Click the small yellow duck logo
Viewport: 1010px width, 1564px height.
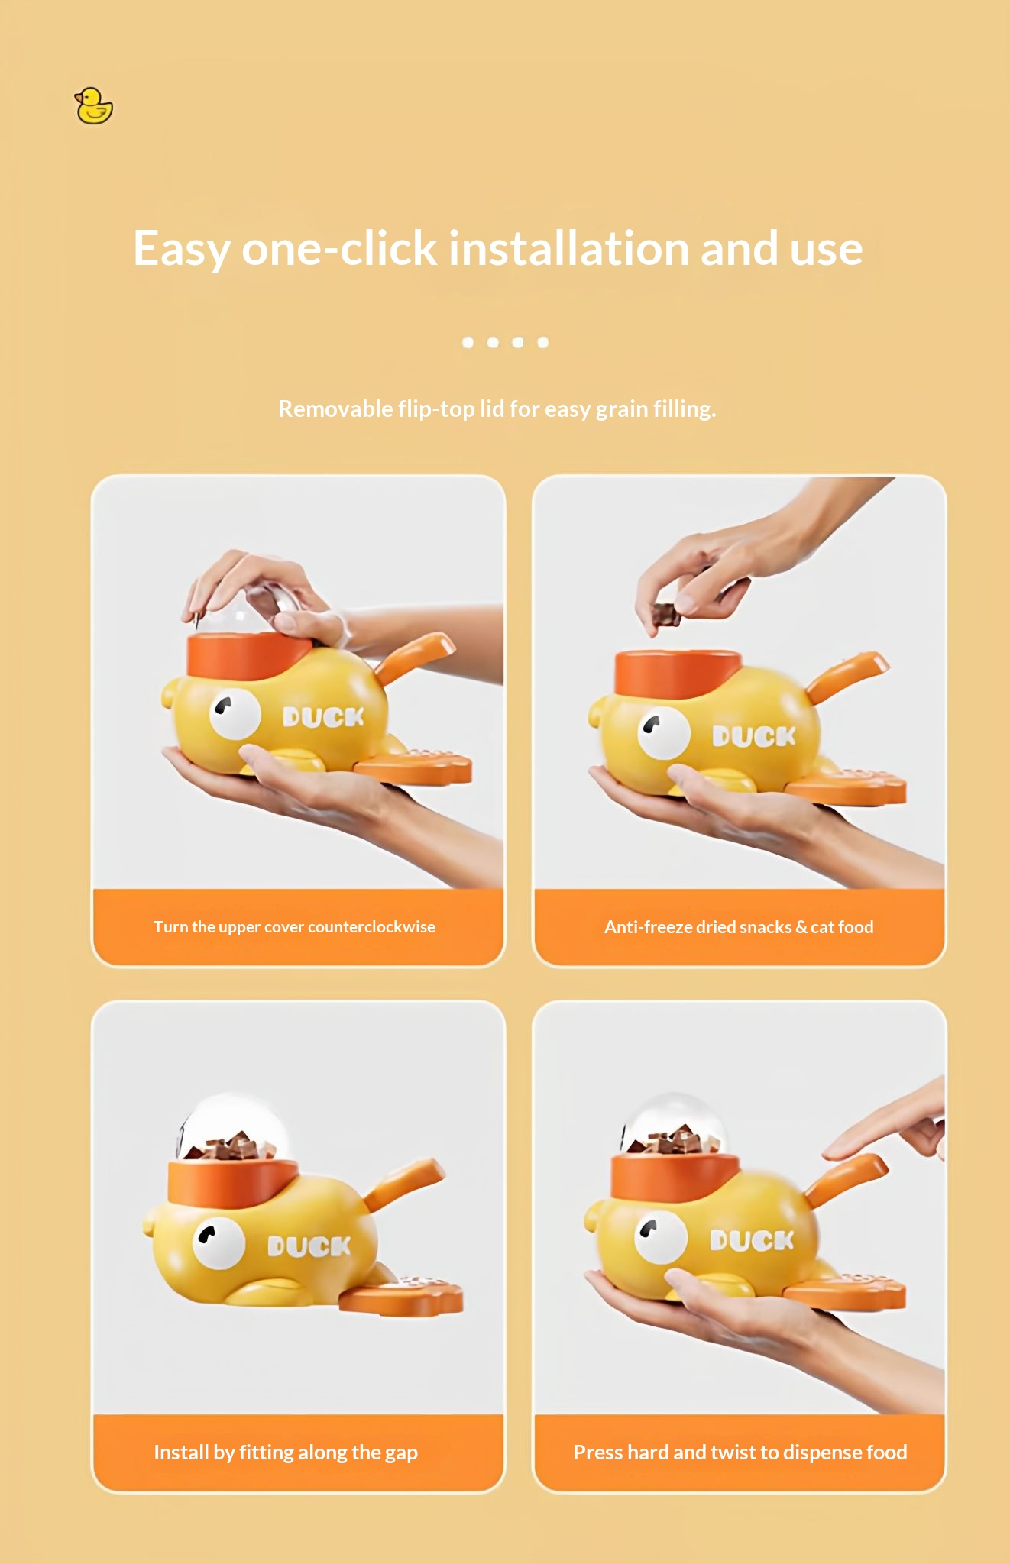(93, 106)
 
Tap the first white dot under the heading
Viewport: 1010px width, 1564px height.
(468, 343)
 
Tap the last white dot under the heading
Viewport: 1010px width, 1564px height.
(542, 343)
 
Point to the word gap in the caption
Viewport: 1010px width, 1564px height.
(401, 1453)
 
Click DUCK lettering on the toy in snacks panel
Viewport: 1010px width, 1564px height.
(753, 736)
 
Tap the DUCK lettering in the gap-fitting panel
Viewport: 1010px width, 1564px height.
(309, 1247)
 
